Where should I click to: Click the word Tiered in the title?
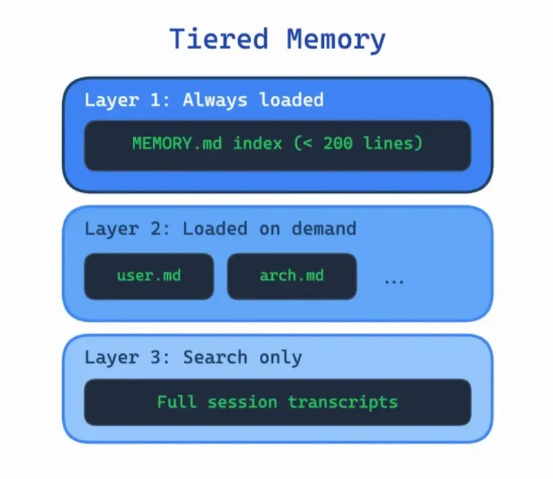point(219,39)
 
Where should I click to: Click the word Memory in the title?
point(335,39)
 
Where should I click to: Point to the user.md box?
point(149,276)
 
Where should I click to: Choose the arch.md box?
point(291,276)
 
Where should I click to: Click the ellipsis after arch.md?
point(393,280)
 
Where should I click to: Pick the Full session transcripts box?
point(277,402)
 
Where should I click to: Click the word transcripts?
point(343,402)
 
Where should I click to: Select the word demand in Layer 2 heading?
point(324,229)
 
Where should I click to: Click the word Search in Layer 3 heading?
point(215,357)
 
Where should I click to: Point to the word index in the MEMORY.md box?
point(257,144)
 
